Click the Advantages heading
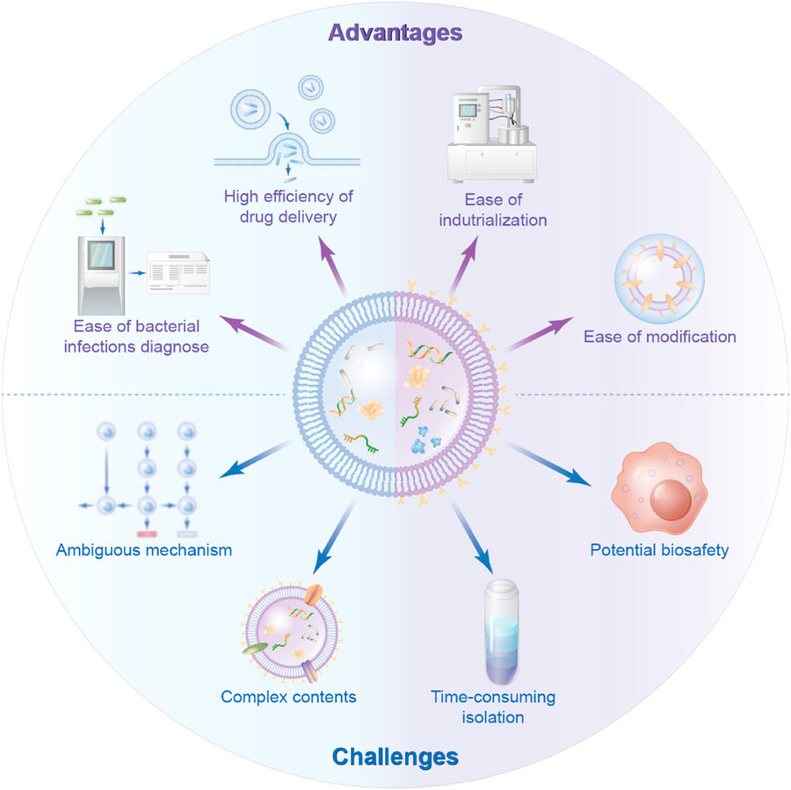(x=395, y=33)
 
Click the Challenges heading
(x=395, y=756)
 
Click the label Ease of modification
(x=659, y=336)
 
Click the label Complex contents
(x=288, y=697)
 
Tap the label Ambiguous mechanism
(x=143, y=551)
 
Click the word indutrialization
(x=494, y=220)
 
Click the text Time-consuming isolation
(x=492, y=707)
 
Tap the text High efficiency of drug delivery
(x=287, y=206)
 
